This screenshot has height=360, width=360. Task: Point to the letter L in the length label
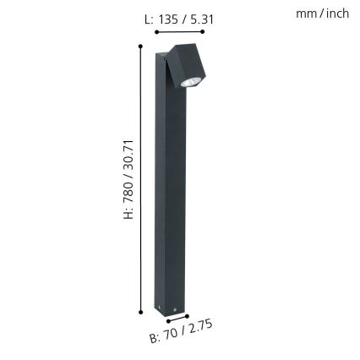pos(148,18)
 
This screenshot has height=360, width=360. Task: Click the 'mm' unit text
pos(305,14)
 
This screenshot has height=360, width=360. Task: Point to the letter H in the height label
pos(129,214)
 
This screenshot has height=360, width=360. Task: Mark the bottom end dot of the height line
pos(139,311)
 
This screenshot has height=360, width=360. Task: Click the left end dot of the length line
pos(155,31)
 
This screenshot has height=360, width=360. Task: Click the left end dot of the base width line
pos(169,321)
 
